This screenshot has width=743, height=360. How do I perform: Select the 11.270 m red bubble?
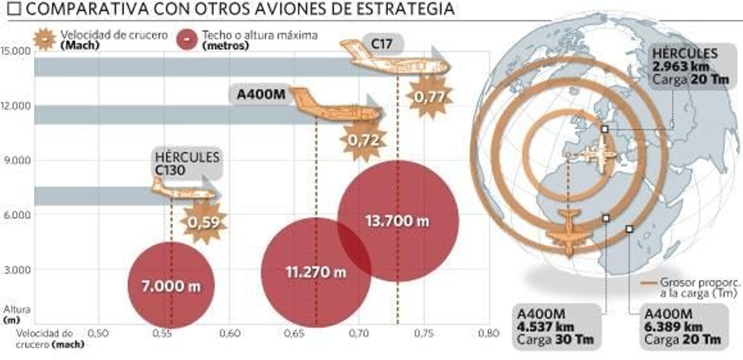(316, 272)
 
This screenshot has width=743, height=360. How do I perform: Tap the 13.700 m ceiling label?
(398, 221)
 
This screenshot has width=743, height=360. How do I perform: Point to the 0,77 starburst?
(430, 97)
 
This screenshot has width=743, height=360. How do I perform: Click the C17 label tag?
(382, 44)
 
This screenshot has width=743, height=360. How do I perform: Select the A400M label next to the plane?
(261, 94)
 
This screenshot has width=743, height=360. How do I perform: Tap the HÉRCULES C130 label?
(187, 164)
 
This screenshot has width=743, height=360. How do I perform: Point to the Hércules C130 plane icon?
(183, 190)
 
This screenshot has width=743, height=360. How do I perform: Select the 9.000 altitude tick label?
(18, 160)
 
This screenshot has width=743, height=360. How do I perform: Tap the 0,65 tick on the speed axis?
(294, 333)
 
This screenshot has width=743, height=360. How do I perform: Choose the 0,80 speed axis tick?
(489, 333)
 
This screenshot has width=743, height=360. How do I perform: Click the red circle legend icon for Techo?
(187, 39)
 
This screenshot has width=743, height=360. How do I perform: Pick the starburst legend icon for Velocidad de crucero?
(45, 39)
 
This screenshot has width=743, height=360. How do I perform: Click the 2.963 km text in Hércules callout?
(681, 66)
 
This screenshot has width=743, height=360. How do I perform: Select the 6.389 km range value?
(673, 327)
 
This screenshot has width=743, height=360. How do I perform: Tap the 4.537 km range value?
(546, 327)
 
